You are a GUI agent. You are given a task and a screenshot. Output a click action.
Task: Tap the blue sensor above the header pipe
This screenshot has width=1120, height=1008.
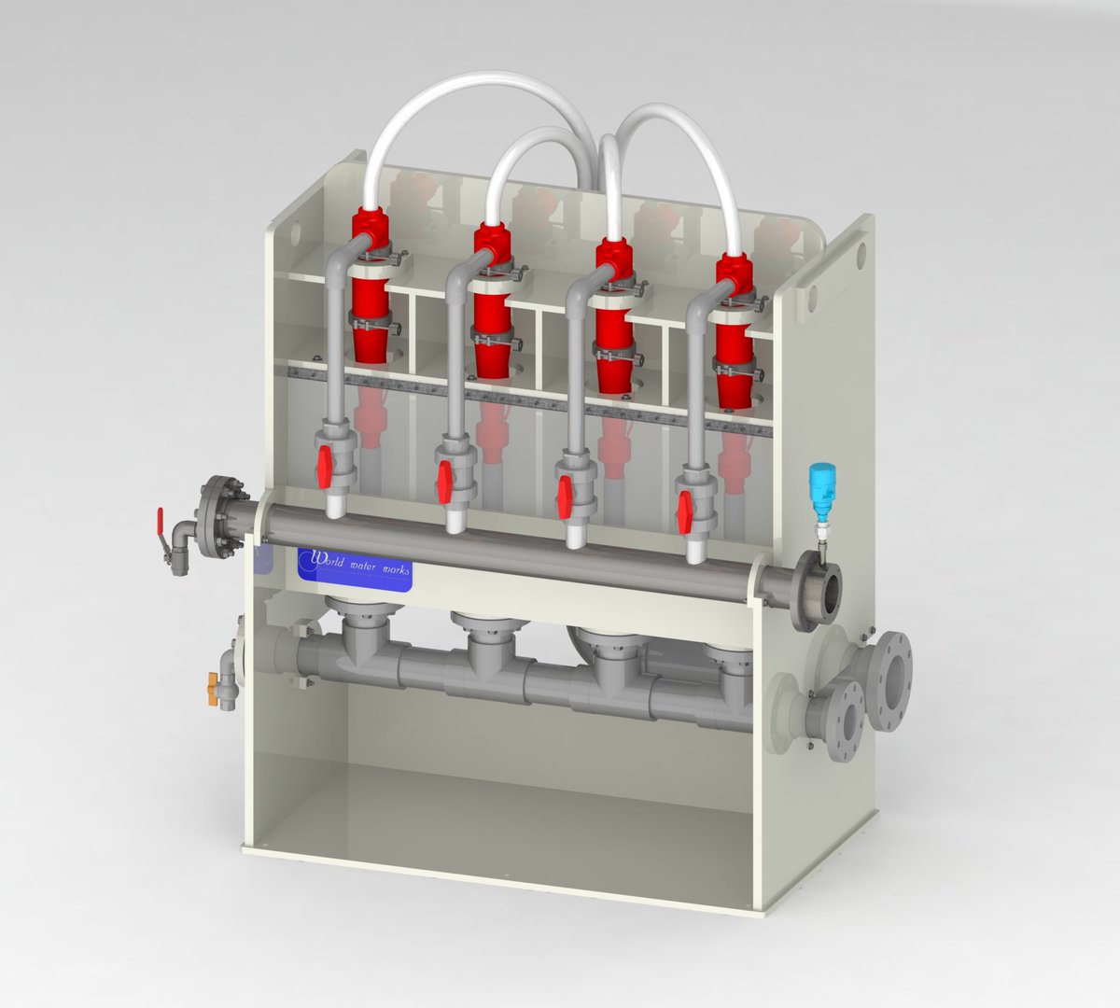pos(823,490)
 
